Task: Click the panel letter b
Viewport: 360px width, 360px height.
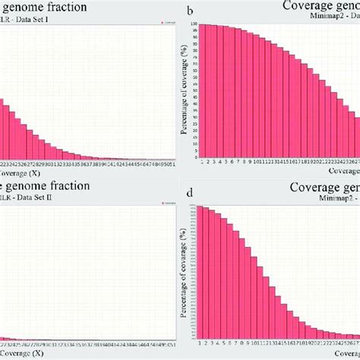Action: click(189, 11)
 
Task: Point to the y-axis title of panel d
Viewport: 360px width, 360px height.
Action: click(184, 273)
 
